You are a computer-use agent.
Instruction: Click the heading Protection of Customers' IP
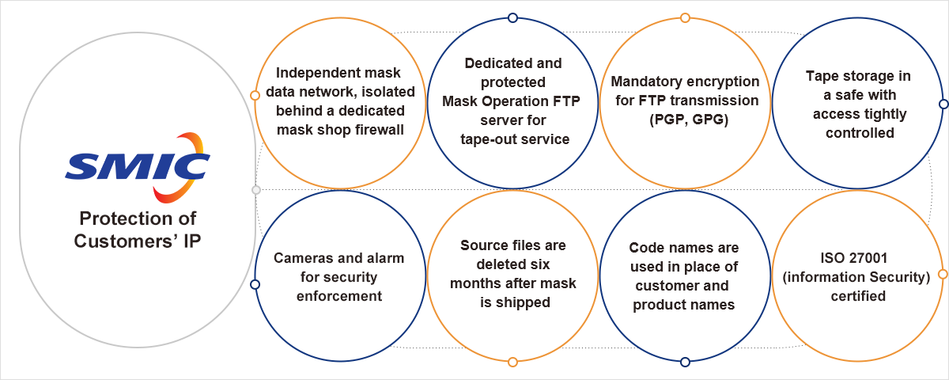(137, 230)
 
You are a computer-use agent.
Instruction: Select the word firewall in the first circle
(374, 129)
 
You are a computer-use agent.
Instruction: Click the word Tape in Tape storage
(822, 77)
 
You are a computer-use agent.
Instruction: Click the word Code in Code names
(645, 248)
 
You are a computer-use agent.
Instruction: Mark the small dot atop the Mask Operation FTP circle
(512, 17)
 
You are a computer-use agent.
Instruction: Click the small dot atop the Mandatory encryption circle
(685, 17)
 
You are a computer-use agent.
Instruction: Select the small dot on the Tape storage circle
(943, 104)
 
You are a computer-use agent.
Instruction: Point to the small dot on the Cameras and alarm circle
(255, 284)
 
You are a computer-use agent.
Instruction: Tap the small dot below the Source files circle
(512, 362)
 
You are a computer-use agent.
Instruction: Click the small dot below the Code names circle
(685, 362)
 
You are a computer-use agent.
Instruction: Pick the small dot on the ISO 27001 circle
(942, 274)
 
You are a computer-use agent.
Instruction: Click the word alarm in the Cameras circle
(384, 258)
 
